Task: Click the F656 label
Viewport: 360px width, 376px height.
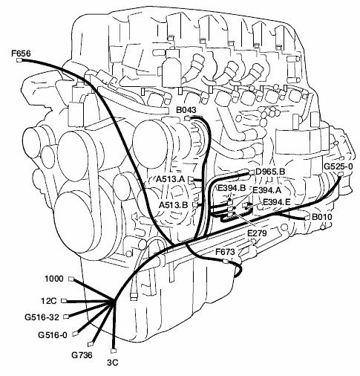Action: click(x=22, y=54)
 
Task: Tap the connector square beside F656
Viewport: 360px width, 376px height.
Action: click(x=19, y=60)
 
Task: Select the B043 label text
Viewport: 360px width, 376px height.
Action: click(x=186, y=110)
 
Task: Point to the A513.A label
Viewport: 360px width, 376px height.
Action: click(x=171, y=179)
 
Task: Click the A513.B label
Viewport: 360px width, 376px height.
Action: click(x=173, y=205)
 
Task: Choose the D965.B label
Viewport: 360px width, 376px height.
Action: click(x=270, y=172)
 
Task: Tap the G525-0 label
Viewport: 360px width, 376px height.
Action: click(x=338, y=166)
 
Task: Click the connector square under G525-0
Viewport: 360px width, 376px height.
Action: click(x=341, y=174)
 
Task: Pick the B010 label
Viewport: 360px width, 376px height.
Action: click(x=322, y=217)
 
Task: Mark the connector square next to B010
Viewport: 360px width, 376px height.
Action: click(x=307, y=218)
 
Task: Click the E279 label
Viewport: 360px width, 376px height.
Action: click(x=257, y=233)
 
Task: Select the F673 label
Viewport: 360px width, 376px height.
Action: click(x=225, y=252)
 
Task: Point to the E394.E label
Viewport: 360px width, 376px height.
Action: click(x=276, y=202)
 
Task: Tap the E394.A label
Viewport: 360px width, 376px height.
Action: click(x=267, y=190)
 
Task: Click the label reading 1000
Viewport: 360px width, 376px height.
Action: click(x=54, y=279)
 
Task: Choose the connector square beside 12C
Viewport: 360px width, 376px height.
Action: click(x=64, y=301)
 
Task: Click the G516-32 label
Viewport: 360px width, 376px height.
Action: click(x=42, y=317)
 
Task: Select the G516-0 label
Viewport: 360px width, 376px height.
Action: click(x=53, y=335)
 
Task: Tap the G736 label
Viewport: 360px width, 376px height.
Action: click(x=82, y=355)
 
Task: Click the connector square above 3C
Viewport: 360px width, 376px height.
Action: click(x=114, y=351)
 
